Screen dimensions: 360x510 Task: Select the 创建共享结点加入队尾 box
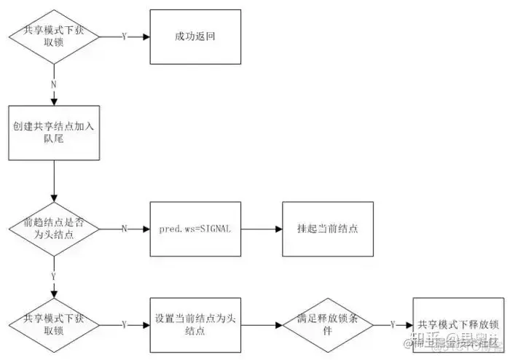point(54,131)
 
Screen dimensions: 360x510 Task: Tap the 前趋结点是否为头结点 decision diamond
point(53,228)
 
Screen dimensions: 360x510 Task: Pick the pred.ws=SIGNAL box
point(195,228)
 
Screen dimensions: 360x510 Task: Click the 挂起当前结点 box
point(328,228)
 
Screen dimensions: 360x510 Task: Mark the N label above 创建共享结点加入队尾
point(53,84)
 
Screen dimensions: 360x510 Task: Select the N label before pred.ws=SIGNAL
point(124,228)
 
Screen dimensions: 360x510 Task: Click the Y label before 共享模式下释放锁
point(393,324)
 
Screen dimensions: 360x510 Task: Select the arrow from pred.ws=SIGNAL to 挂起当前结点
point(261,228)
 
